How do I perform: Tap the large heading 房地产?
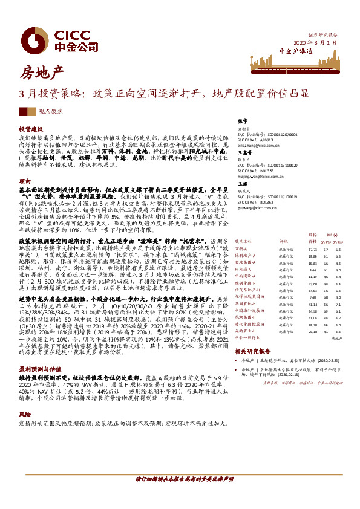[x=42, y=74]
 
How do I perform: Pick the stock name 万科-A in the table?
[x=241, y=248]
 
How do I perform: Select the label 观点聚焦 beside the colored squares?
[x=48, y=111]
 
